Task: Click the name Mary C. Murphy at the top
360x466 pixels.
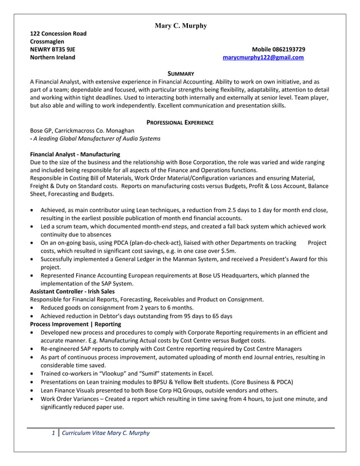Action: point(180,26)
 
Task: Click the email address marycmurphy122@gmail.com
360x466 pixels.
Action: point(264,58)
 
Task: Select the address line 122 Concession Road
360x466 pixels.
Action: point(58,34)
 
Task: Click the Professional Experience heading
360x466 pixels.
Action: point(180,122)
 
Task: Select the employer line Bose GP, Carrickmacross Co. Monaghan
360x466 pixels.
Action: point(82,130)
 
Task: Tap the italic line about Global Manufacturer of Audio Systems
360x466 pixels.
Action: point(96,138)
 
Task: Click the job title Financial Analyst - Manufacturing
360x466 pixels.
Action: point(74,154)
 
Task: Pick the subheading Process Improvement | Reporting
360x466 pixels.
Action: point(75,324)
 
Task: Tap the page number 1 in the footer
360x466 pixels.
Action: point(52,433)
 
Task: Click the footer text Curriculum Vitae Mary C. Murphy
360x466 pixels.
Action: point(106,433)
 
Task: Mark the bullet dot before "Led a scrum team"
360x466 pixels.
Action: point(33,227)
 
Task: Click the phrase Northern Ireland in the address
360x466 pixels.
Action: point(52,58)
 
